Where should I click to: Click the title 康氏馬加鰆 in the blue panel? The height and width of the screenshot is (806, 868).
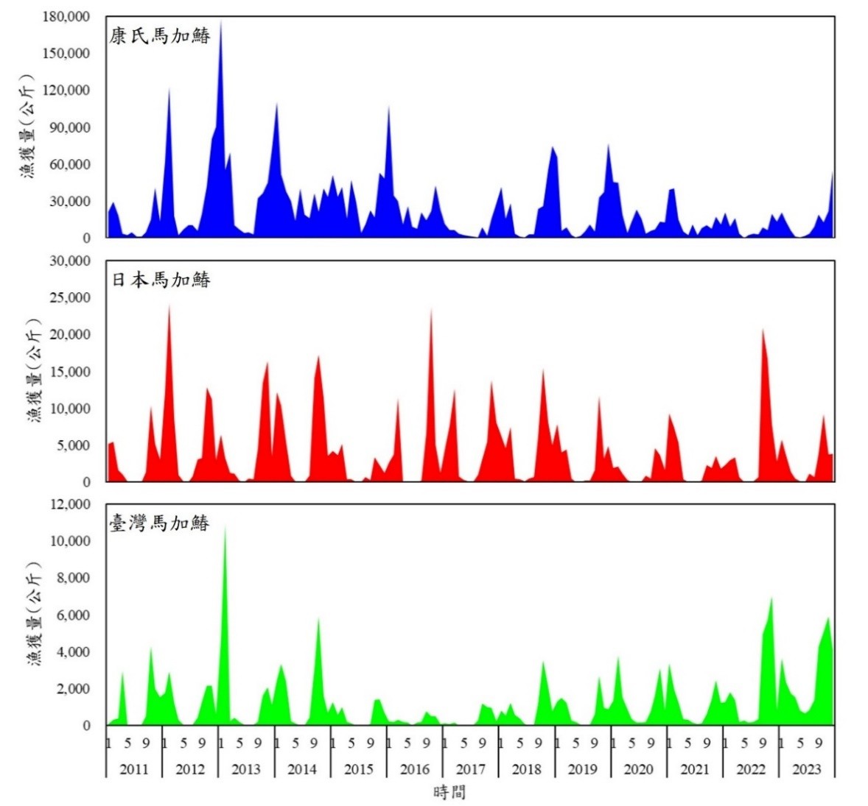click(x=160, y=35)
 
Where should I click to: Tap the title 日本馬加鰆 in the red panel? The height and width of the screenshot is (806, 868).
click(x=160, y=279)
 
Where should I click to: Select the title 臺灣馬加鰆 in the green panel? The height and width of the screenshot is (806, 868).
click(x=160, y=523)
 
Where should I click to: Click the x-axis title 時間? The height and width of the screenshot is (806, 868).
click(x=449, y=792)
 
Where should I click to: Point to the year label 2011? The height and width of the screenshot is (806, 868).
click(x=133, y=769)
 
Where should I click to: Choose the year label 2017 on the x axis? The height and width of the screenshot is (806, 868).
click(x=470, y=769)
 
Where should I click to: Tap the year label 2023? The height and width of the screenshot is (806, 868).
click(x=806, y=769)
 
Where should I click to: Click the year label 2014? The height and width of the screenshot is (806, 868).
click(x=301, y=769)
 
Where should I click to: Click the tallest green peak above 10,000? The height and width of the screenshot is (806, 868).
click(x=225, y=531)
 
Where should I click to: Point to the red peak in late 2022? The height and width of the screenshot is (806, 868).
click(x=763, y=333)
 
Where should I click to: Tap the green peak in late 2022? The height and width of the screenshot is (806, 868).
click(x=771, y=601)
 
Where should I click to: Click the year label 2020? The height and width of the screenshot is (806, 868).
click(x=638, y=769)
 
